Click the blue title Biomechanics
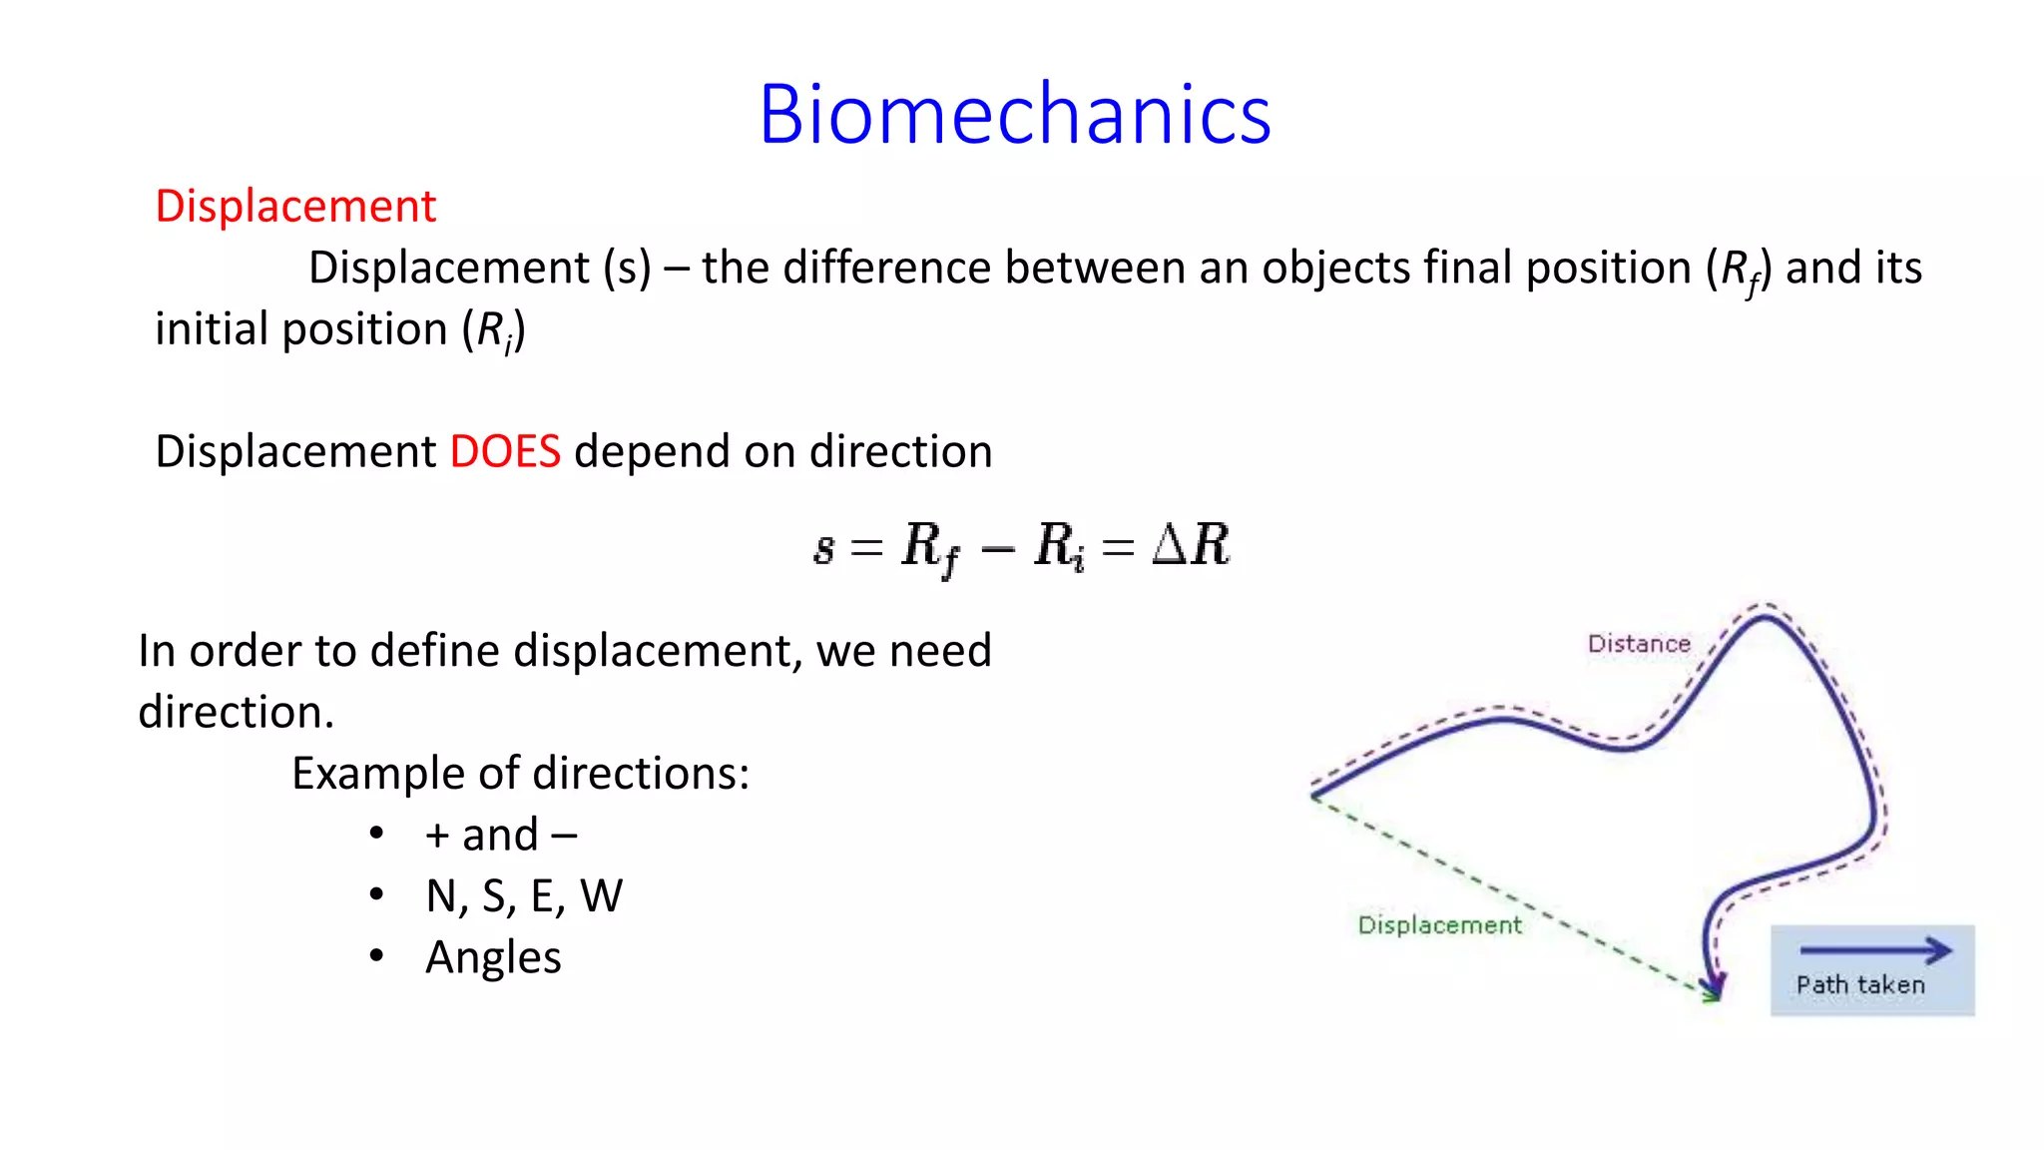click(1014, 115)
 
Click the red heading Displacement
click(295, 207)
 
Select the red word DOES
click(505, 452)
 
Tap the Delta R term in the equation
click(1191, 545)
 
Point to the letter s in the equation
click(823, 548)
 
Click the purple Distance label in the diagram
click(1639, 644)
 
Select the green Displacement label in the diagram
click(1439, 925)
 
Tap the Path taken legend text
click(1860, 985)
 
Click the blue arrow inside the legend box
click(1874, 950)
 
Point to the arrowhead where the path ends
click(1714, 988)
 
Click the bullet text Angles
click(493, 957)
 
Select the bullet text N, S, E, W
click(524, 896)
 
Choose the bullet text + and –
click(501, 836)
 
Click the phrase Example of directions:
click(520, 774)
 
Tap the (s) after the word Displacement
click(627, 269)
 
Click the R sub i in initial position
click(494, 331)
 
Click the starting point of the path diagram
click(1314, 795)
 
